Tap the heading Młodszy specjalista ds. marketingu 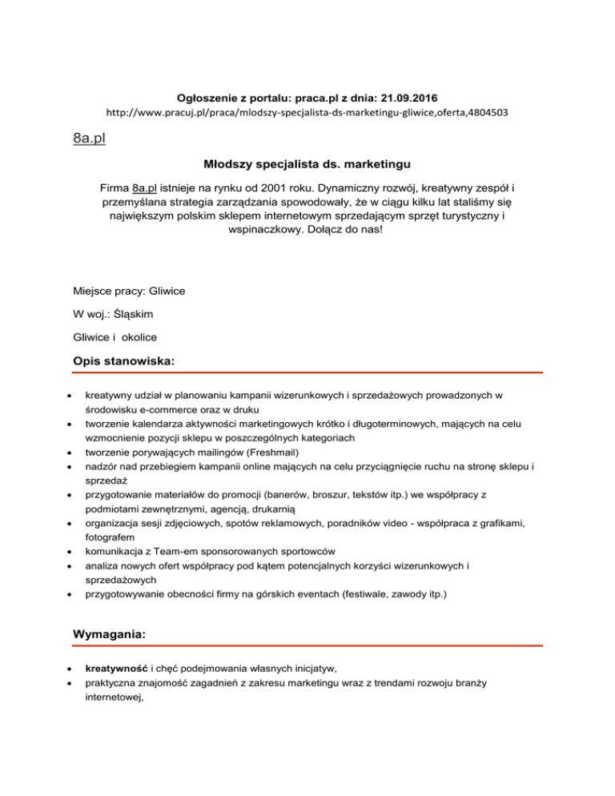307,167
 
